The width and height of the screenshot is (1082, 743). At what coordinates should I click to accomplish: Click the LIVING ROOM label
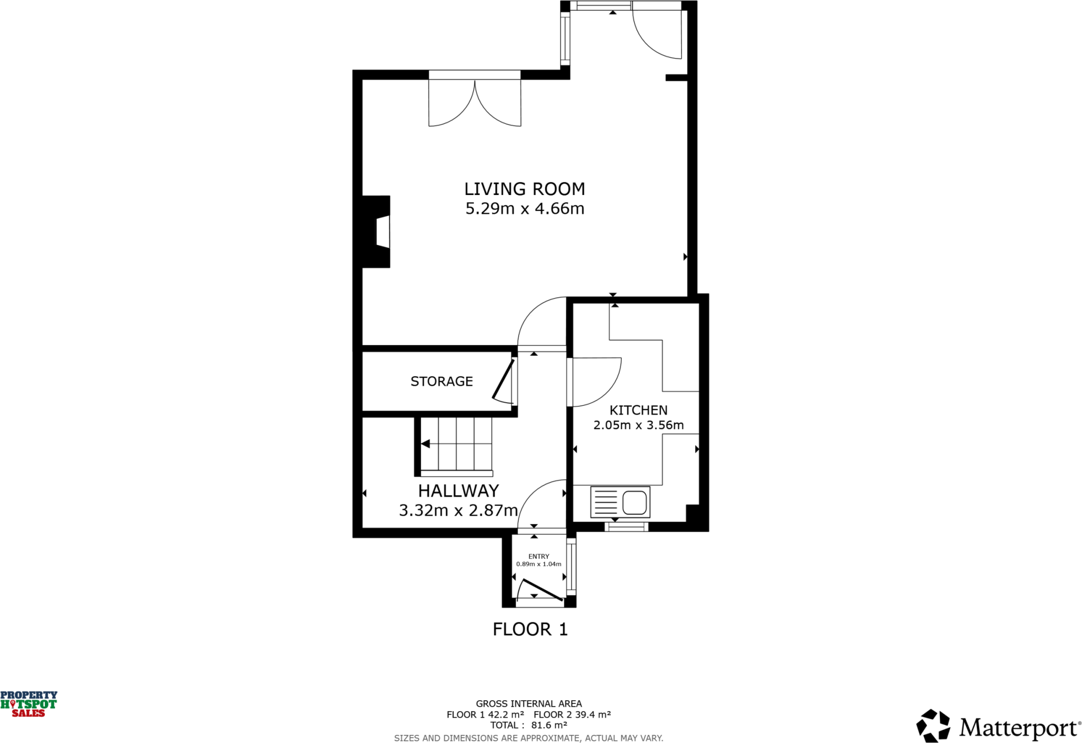point(524,189)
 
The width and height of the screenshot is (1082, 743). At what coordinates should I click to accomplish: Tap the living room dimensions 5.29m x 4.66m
point(524,209)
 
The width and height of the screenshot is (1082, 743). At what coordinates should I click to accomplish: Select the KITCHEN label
point(638,410)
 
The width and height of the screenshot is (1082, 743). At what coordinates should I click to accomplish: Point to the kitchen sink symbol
point(620,501)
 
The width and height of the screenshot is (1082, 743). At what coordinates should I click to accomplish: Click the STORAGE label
point(442,381)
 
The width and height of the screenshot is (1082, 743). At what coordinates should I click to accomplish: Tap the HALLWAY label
point(458,491)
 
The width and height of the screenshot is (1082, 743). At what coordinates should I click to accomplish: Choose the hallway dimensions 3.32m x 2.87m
point(458,510)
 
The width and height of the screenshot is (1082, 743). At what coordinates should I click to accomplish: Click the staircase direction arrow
point(425,444)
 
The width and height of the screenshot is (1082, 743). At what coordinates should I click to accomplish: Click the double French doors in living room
point(474,103)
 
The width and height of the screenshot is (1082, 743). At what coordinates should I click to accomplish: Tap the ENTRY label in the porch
point(538,556)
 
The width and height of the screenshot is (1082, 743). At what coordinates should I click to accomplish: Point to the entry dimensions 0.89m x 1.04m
point(538,564)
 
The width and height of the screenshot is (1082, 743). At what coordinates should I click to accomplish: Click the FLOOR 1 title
point(530,629)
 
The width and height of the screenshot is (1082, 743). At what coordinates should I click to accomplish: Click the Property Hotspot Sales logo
point(29,704)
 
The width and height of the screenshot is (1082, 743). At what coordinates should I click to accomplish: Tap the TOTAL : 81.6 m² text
point(528,725)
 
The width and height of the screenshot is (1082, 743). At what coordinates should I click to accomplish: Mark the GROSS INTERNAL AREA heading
point(528,703)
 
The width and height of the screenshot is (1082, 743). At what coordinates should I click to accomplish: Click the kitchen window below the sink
point(626,526)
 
